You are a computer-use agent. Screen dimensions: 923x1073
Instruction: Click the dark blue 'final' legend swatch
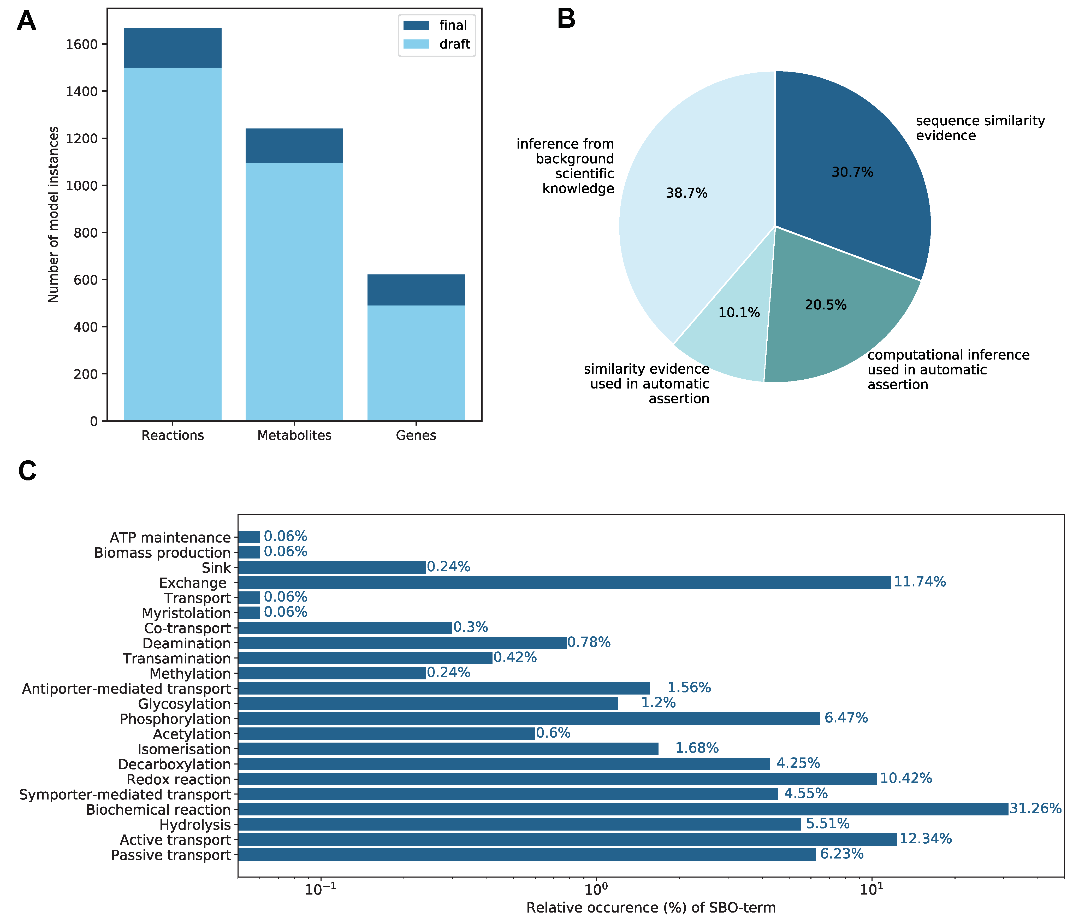(416, 25)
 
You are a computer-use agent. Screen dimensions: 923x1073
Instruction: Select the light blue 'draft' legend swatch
(416, 44)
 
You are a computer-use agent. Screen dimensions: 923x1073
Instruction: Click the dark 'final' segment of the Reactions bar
(173, 48)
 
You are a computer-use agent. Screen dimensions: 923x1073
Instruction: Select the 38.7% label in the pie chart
(687, 193)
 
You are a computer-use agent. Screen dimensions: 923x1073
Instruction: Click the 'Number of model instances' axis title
(53, 214)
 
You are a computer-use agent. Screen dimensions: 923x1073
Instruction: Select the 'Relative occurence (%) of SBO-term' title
(651, 907)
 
